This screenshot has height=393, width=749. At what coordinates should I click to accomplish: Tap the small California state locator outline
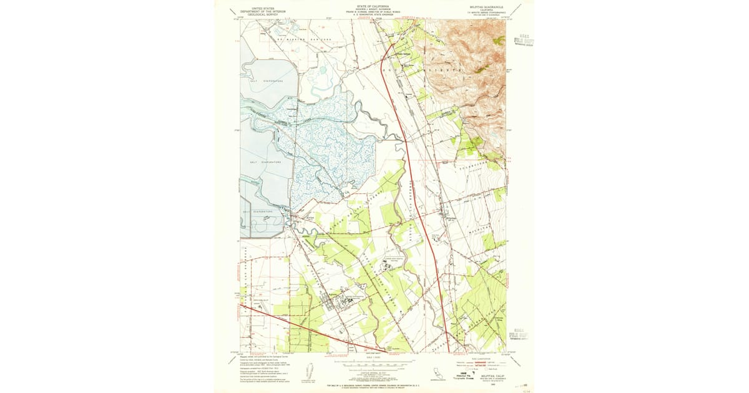click(435, 373)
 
